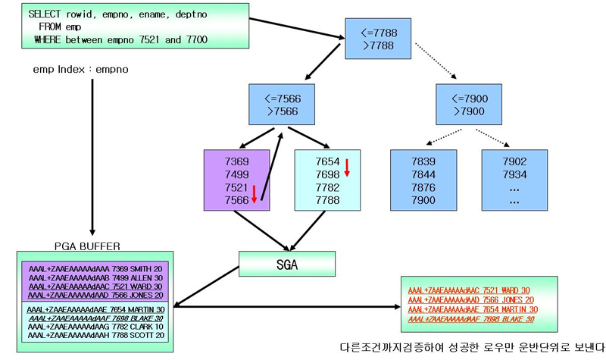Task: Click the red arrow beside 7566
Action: (x=255, y=193)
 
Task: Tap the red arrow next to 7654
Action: (x=347, y=167)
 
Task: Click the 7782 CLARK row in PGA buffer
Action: (x=96, y=327)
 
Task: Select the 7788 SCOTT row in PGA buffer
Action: (x=96, y=336)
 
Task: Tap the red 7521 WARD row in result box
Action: (x=469, y=290)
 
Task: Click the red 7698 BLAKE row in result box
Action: (x=470, y=320)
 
